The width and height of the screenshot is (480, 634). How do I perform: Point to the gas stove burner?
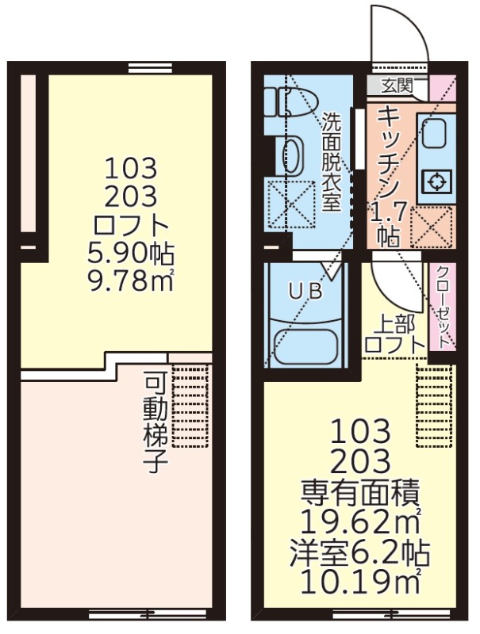[436, 181]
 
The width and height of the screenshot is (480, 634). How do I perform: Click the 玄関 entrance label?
[397, 86]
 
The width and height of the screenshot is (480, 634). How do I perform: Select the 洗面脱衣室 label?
[331, 162]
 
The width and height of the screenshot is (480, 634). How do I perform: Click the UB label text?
[305, 291]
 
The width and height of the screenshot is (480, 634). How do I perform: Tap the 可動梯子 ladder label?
[156, 425]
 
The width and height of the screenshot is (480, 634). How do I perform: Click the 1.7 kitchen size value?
[390, 213]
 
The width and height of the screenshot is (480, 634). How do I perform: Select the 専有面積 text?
[360, 492]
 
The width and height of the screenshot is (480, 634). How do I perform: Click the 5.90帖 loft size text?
[130, 253]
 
